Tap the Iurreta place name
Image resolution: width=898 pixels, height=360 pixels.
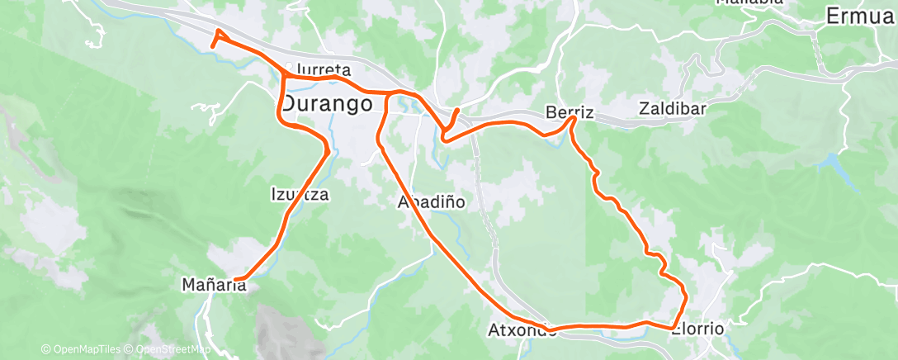323,70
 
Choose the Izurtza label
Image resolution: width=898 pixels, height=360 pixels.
300,195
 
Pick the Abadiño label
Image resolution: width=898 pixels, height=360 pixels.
432,201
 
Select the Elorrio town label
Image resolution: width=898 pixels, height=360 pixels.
697,329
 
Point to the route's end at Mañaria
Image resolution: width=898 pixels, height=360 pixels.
235,279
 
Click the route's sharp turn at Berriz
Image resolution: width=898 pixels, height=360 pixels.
573,120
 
